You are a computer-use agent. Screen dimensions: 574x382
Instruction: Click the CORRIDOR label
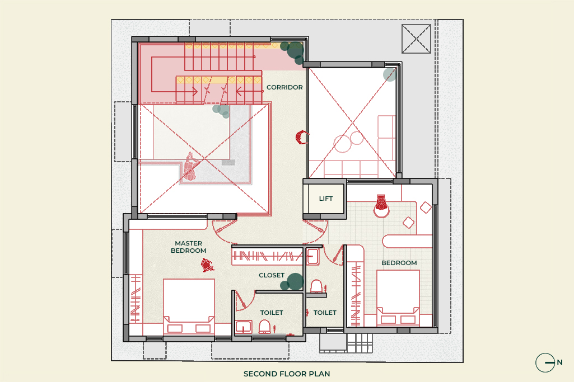click(x=284, y=87)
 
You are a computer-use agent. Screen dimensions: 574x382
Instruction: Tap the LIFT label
click(x=325, y=199)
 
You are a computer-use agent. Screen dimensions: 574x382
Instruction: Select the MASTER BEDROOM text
click(x=189, y=247)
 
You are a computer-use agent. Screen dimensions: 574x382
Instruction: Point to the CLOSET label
click(x=271, y=275)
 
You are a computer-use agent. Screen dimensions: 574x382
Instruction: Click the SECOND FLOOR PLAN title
click(x=287, y=374)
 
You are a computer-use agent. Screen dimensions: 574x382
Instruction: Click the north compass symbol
click(x=545, y=362)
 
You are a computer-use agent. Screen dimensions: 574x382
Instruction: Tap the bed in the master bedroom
click(x=189, y=306)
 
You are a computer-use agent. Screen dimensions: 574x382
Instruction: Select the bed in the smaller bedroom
click(x=398, y=298)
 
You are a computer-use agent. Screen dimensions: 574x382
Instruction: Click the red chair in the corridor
click(x=302, y=137)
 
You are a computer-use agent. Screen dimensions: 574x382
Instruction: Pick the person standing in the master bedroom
click(x=207, y=265)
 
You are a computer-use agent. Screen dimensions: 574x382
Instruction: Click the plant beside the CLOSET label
click(x=292, y=282)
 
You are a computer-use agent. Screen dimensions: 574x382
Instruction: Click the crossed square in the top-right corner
click(x=416, y=39)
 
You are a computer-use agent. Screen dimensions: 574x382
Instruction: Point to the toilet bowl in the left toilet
click(x=264, y=327)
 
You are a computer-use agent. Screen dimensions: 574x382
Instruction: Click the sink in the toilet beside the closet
click(x=312, y=256)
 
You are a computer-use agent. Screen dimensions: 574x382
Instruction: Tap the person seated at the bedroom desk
click(x=381, y=205)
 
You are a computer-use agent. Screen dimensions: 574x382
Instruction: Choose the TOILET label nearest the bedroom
click(x=325, y=313)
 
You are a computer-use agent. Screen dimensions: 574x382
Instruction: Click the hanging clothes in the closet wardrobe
click(x=267, y=256)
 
